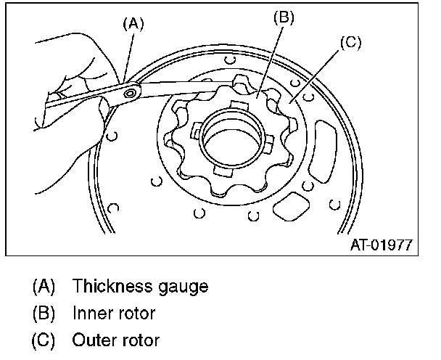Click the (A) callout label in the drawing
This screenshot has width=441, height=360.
point(133,23)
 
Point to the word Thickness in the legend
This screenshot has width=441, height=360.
point(107,286)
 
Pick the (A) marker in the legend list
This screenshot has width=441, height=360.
point(44,286)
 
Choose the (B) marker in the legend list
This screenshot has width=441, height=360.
point(44,313)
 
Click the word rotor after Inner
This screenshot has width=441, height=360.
point(134,313)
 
